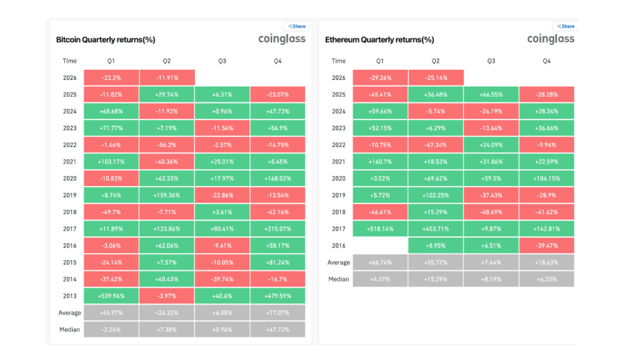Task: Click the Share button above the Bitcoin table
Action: [x=297, y=26]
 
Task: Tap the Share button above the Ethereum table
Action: [x=565, y=26]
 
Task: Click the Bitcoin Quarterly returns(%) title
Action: [x=105, y=40]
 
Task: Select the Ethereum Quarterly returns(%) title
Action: [x=380, y=40]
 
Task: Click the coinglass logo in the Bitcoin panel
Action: [x=282, y=39]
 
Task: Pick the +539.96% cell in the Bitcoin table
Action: [x=111, y=296]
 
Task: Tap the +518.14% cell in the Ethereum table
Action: [x=380, y=229]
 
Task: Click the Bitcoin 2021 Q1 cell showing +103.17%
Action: [x=111, y=162]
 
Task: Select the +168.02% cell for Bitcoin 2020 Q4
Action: [x=278, y=178]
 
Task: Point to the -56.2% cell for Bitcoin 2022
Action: [x=167, y=145]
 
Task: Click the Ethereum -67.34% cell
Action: [x=436, y=145]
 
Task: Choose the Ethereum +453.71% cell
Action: [x=436, y=229]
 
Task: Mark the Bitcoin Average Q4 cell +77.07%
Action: [x=278, y=313]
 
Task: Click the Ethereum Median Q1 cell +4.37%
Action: [x=380, y=280]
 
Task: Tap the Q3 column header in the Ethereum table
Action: [x=491, y=61]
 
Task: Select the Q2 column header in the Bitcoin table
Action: [x=167, y=61]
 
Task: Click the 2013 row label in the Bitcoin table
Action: [x=70, y=296]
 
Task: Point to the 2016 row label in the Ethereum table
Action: [x=338, y=246]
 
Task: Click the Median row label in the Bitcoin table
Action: [x=70, y=329]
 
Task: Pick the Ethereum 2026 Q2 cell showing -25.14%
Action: [x=436, y=78]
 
